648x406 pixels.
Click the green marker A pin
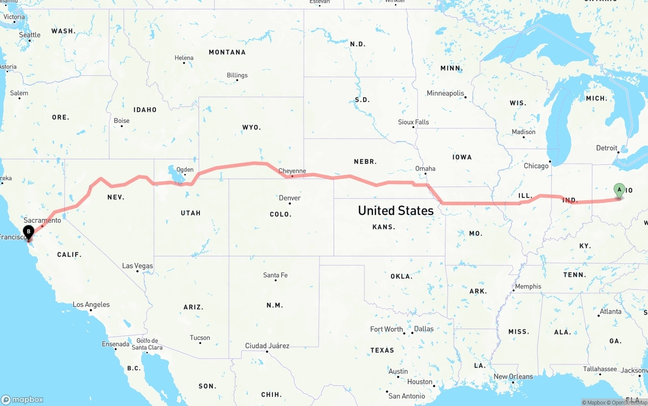point(619,191)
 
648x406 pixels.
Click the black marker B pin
point(29,233)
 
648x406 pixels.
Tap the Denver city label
point(290,198)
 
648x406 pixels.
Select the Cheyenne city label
point(292,171)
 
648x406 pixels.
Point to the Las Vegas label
point(137,266)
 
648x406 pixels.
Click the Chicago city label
point(536,166)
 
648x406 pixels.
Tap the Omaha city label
point(425,168)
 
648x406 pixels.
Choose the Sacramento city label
point(42,220)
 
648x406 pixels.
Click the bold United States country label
point(395,210)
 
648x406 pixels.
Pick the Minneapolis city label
point(445,93)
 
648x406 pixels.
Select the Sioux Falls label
point(413,122)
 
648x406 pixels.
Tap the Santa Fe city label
point(275,275)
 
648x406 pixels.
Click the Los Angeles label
point(91,305)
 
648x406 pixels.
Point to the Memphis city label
point(528,286)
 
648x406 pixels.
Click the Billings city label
point(237,75)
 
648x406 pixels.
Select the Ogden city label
point(185,169)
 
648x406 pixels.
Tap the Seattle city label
point(30,35)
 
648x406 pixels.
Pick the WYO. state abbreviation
point(252,127)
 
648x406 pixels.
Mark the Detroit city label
point(606,148)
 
